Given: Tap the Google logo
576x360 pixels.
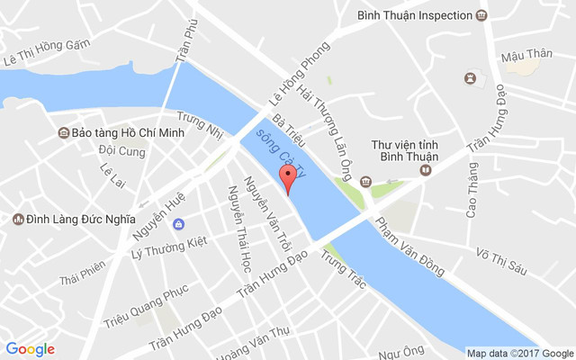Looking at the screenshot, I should [x=31, y=349].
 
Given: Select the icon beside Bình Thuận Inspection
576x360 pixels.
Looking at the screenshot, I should [x=482, y=15].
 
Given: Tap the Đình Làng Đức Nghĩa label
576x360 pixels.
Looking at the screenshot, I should [x=81, y=219].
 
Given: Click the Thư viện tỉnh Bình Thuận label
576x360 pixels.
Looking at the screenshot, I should [x=404, y=151].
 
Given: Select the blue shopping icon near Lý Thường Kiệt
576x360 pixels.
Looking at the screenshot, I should [x=179, y=223].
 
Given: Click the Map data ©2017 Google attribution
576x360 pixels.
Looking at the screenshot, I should [x=519, y=352].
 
